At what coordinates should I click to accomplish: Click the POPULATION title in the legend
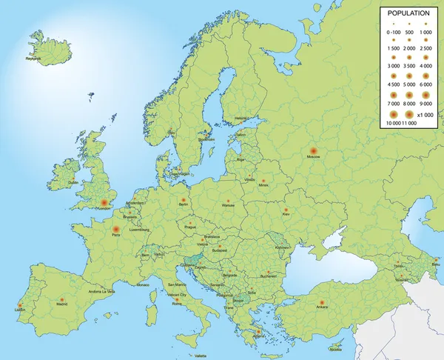(408, 13)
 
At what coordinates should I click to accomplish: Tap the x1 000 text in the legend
(425, 115)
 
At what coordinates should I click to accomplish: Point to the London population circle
(104, 201)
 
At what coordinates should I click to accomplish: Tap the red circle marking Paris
(115, 228)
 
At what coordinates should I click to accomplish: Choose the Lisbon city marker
(19, 304)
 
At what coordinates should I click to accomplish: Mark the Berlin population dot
(183, 199)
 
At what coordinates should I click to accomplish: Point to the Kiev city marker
(286, 210)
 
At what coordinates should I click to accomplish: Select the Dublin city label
(73, 182)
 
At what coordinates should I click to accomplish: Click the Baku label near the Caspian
(435, 264)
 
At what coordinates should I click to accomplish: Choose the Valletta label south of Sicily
(201, 356)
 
